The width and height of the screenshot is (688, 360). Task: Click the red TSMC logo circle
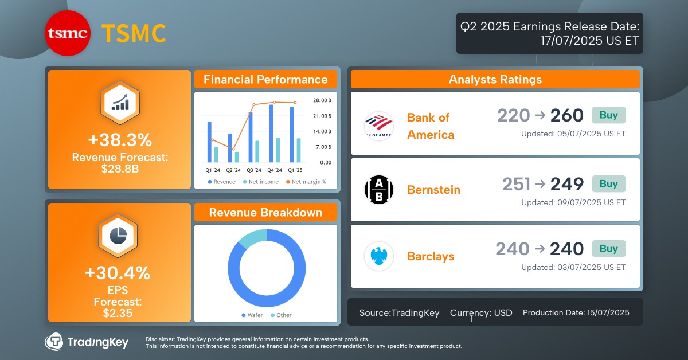pyautogui.click(x=68, y=34)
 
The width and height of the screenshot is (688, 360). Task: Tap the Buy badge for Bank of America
pyautogui.click(x=608, y=115)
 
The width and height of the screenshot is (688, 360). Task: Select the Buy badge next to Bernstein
pyautogui.click(x=608, y=184)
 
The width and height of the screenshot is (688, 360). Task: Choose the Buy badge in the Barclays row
pyautogui.click(x=608, y=249)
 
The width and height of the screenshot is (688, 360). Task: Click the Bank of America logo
pyautogui.click(x=378, y=126)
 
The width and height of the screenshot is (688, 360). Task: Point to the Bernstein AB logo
pyautogui.click(x=378, y=190)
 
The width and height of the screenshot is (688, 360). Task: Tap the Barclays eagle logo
pyautogui.click(x=378, y=256)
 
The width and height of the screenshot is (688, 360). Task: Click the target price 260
pyautogui.click(x=566, y=116)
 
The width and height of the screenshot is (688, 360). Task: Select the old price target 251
pyautogui.click(x=516, y=184)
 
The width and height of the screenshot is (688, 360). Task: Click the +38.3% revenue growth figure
pyautogui.click(x=119, y=140)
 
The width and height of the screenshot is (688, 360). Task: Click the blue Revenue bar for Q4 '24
pyautogui.click(x=271, y=134)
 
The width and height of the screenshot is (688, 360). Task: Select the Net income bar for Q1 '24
pyautogui.click(x=216, y=154)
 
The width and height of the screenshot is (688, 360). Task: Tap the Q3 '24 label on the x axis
pyautogui.click(x=253, y=170)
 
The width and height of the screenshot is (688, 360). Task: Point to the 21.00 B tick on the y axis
pyautogui.click(x=322, y=116)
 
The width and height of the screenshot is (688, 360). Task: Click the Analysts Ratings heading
pyautogui.click(x=495, y=80)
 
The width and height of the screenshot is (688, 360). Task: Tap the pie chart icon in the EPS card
pyautogui.click(x=119, y=236)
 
